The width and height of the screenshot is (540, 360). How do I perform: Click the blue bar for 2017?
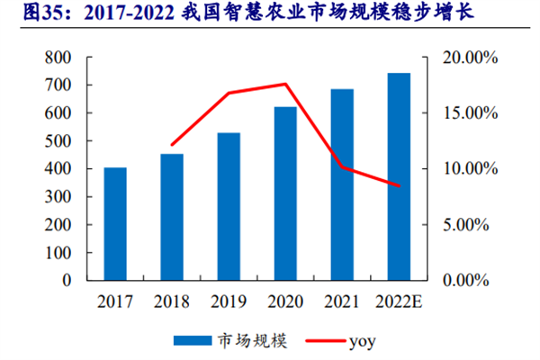pyautogui.click(x=115, y=223)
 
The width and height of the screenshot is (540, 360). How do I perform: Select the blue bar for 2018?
pyautogui.click(x=172, y=217)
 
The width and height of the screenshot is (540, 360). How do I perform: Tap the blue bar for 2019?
pyautogui.click(x=229, y=206)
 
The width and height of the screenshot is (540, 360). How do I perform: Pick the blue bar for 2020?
pyautogui.click(x=285, y=193)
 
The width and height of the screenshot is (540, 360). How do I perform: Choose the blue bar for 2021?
pyautogui.click(x=342, y=184)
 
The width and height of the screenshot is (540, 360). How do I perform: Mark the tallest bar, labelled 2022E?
pyautogui.click(x=399, y=176)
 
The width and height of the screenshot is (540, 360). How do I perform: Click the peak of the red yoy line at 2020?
pyautogui.click(x=285, y=84)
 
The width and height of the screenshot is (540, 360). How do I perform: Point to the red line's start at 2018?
pyautogui.click(x=172, y=145)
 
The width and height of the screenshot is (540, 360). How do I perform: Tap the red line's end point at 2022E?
pyautogui.click(x=399, y=186)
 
